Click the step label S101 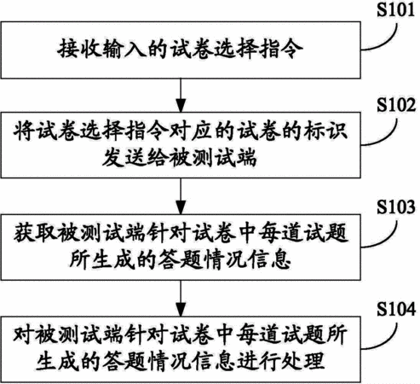pyautogui.click(x=395, y=9)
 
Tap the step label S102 pyautogui.click(x=396, y=105)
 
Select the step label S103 pyautogui.click(x=396, y=207)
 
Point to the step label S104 pyautogui.click(x=396, y=309)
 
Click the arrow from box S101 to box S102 pyautogui.click(x=181, y=96)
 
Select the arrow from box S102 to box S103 pyautogui.click(x=181, y=196)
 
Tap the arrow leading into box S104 pyautogui.click(x=181, y=299)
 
